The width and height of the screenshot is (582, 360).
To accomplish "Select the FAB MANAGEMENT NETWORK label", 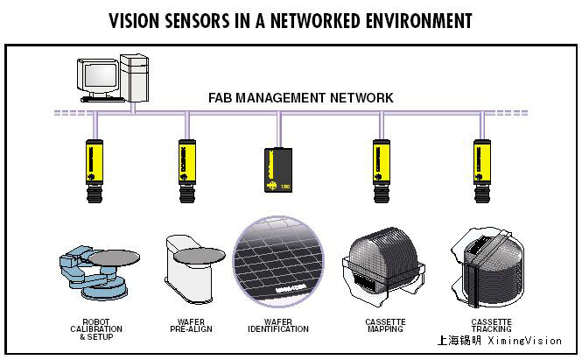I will (300, 97).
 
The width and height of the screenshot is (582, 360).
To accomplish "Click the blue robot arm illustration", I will (92, 267).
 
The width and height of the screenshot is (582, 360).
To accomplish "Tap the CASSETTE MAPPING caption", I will (386, 326).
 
